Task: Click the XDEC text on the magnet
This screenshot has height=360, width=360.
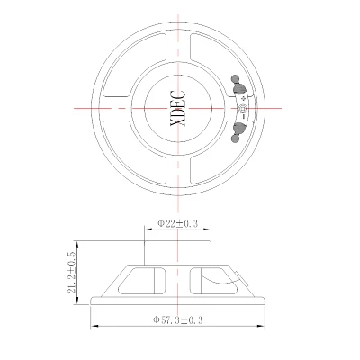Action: point(178,108)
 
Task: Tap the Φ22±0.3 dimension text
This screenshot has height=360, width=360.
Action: point(178,223)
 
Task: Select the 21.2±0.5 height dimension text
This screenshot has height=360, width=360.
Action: point(72,272)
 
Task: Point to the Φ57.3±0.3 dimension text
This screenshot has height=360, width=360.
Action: point(178,319)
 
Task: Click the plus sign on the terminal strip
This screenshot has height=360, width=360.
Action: point(243,98)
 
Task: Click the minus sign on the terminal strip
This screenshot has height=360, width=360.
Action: point(244,116)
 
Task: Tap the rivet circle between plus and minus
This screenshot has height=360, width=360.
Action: point(242,108)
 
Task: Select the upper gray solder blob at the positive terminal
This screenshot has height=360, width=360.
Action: point(238,85)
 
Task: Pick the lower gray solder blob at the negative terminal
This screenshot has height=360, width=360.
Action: point(238,131)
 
